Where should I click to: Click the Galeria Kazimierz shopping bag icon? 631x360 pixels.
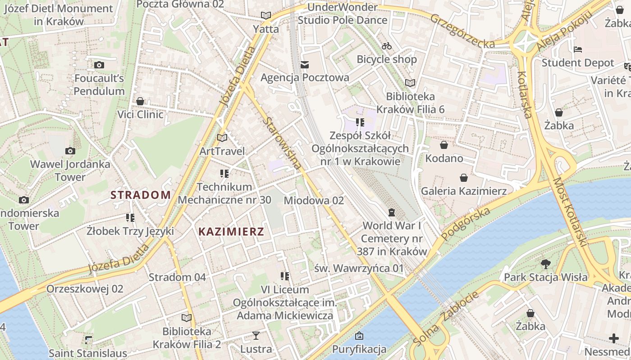pos(463,178)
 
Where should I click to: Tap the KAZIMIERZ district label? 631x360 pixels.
pos(231,232)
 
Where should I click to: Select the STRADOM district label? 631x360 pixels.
pos(141,195)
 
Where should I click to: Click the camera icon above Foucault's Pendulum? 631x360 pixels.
pos(99,65)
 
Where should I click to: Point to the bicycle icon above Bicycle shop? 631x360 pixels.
pos(386,46)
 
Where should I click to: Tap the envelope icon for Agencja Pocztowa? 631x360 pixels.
pos(305,65)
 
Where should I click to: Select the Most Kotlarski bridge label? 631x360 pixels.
pos(571,211)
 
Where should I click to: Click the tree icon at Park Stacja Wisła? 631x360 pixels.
pos(545,264)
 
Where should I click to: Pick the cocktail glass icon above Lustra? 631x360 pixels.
pos(256,336)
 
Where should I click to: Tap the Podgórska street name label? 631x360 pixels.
pos(466,224)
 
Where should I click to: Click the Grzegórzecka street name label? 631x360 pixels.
pos(462,31)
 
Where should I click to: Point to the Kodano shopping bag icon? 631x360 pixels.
pos(444,145)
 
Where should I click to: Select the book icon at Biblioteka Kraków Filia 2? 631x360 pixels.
pos(186,318)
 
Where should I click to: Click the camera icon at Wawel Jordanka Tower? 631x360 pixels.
pos(70,151)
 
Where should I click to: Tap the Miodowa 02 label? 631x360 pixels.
pos(314,200)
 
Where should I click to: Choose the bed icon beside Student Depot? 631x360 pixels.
pos(578,49)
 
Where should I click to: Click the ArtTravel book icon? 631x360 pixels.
pos(222,138)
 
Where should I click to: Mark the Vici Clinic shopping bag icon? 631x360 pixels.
pos(140,101)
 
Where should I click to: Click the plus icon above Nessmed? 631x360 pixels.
pos(613,338)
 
